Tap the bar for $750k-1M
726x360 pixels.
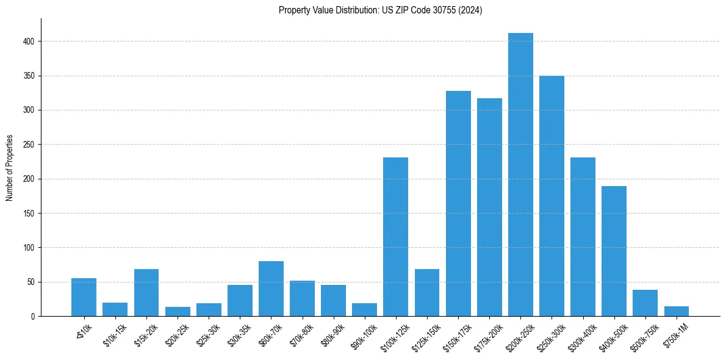[x=677, y=311]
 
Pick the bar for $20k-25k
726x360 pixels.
[x=178, y=312]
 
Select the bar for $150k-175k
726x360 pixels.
[x=458, y=204]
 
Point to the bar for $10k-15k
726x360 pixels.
[x=115, y=309]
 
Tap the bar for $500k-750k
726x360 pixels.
[x=645, y=303]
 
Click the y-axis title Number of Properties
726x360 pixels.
[x=10, y=167]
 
